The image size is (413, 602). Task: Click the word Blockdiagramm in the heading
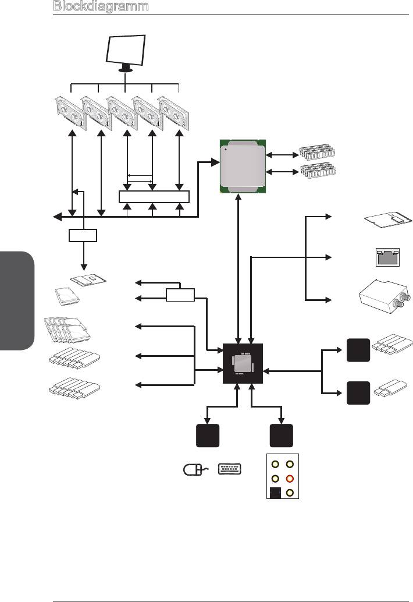100,6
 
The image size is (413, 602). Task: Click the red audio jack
289,479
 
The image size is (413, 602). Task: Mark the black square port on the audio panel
275,493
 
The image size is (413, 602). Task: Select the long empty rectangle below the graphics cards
154,196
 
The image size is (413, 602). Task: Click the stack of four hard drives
68,330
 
